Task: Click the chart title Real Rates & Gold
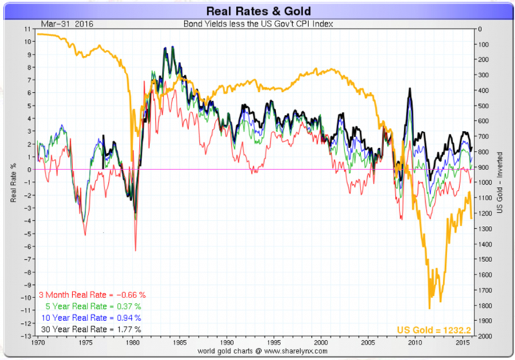tap(257, 11)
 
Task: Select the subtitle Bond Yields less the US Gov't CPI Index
tap(257, 24)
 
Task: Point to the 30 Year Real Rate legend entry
tap(89, 328)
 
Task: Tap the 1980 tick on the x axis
tap(132, 343)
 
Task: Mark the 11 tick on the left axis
tap(27, 29)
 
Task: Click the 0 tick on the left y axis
tap(28, 169)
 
